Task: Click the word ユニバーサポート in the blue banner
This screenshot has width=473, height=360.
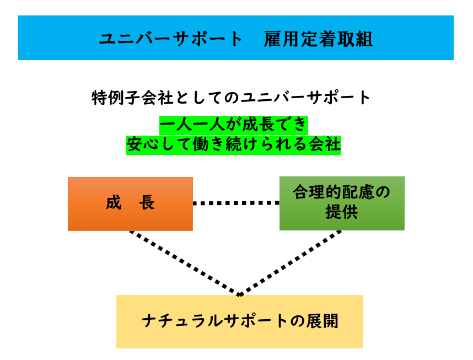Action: coord(171,39)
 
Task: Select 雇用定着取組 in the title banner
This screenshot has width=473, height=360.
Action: coord(318,39)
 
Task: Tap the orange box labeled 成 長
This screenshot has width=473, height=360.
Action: coord(130,203)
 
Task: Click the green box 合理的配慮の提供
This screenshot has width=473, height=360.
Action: coord(342,203)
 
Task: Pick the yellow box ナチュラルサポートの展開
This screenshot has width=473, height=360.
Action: coord(239,321)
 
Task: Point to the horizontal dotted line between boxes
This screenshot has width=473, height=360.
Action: coord(236,203)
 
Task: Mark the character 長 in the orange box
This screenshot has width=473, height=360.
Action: coord(147,203)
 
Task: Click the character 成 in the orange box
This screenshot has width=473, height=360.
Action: coord(114,203)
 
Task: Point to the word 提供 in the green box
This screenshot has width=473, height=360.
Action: coord(342,212)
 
